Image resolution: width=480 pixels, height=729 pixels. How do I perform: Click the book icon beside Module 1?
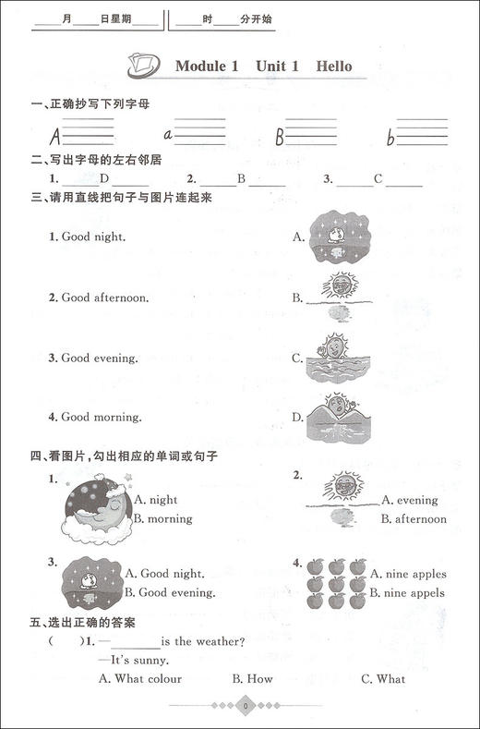(x=145, y=67)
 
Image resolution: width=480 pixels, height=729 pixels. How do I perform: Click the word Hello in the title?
(x=333, y=67)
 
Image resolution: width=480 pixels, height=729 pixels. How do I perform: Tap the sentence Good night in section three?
(x=88, y=237)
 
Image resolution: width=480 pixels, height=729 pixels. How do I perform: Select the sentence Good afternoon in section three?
(x=99, y=298)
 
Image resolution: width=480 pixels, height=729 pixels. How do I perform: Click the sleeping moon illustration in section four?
(x=95, y=513)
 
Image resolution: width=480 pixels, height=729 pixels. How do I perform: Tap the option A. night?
(x=155, y=500)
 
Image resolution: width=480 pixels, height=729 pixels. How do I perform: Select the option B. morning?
(x=162, y=519)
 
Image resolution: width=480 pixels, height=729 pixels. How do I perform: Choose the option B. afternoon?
(x=414, y=519)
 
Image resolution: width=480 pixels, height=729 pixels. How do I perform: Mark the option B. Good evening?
(x=170, y=592)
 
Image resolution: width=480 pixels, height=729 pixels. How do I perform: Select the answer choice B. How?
(x=252, y=679)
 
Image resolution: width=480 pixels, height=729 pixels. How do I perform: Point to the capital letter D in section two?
(x=104, y=179)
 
